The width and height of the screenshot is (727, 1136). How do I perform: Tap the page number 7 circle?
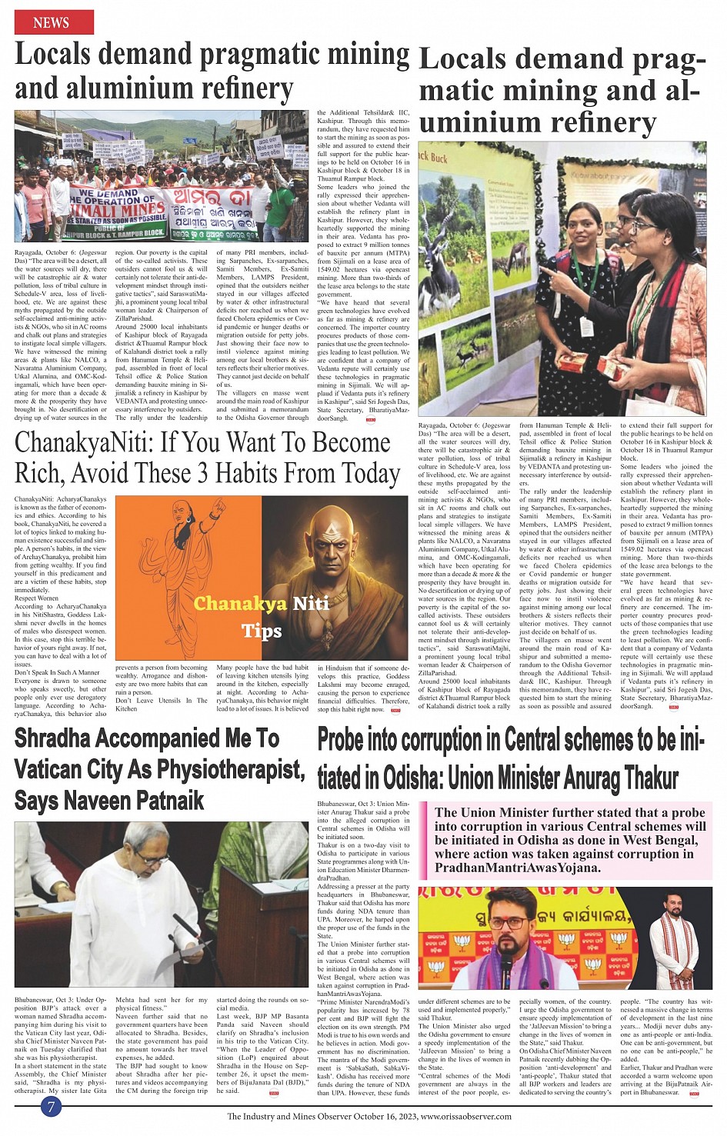pyautogui.click(x=51, y=1106)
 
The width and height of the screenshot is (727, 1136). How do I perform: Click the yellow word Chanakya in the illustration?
pyautogui.click(x=241, y=603)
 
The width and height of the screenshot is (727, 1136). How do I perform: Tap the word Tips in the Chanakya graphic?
pyautogui.click(x=262, y=631)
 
